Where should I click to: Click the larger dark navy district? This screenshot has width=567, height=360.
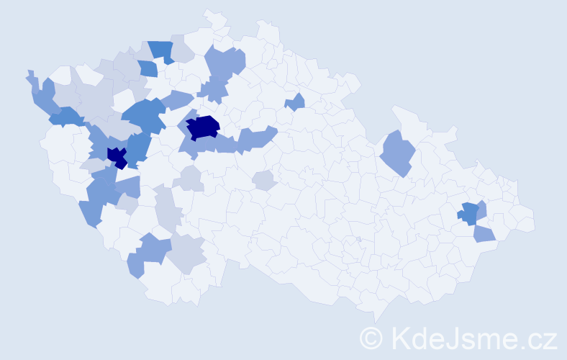[x=204, y=126]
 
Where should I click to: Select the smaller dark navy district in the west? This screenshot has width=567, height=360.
[x=117, y=156]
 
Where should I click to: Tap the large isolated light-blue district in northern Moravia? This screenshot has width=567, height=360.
[x=396, y=153]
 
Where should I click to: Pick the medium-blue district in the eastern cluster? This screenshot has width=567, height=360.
[x=469, y=213]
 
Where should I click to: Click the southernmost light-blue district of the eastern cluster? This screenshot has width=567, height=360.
[x=484, y=234]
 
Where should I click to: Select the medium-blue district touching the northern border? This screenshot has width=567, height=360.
[x=161, y=50]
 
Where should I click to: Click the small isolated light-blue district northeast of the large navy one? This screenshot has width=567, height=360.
[x=295, y=103]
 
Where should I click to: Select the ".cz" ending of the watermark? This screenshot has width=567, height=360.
[x=538, y=338]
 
